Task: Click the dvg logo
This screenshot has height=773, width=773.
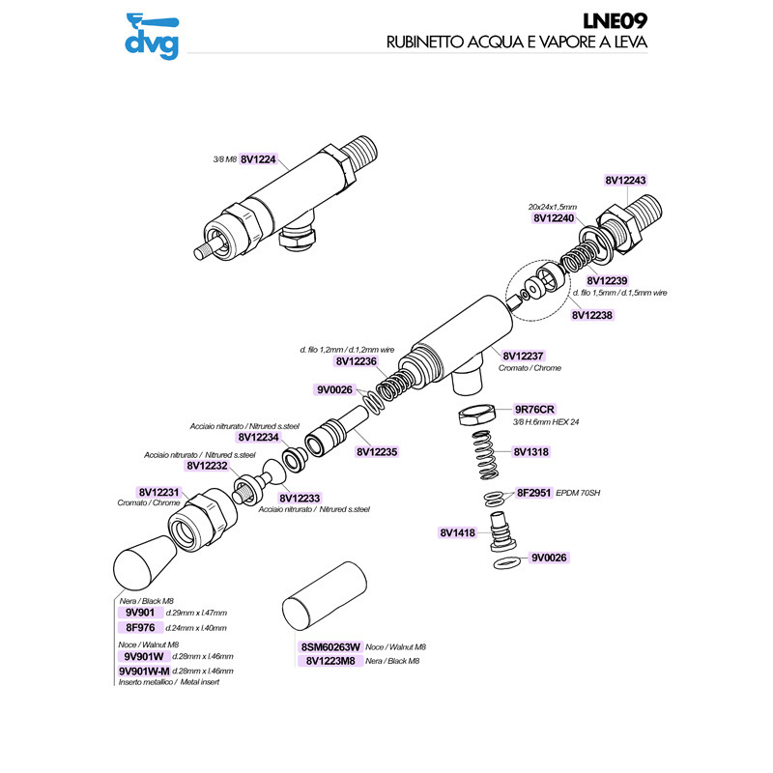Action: click(152, 35)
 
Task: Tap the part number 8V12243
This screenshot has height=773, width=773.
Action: click(626, 180)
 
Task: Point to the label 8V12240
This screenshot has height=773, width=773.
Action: click(555, 218)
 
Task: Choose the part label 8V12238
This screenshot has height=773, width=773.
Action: click(591, 314)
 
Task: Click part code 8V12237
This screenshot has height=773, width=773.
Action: click(522, 356)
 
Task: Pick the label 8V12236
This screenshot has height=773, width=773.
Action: click(356, 360)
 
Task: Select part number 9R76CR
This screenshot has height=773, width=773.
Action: click(533, 409)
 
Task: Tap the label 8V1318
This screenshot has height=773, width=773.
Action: click(531, 451)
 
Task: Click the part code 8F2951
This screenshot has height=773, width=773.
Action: click(533, 493)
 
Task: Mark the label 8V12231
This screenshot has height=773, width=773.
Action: click(160, 491)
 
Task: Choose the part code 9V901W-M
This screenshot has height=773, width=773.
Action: click(143, 671)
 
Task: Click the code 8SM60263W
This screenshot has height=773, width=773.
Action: click(330, 647)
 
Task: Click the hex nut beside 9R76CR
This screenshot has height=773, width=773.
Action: click(475, 416)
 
